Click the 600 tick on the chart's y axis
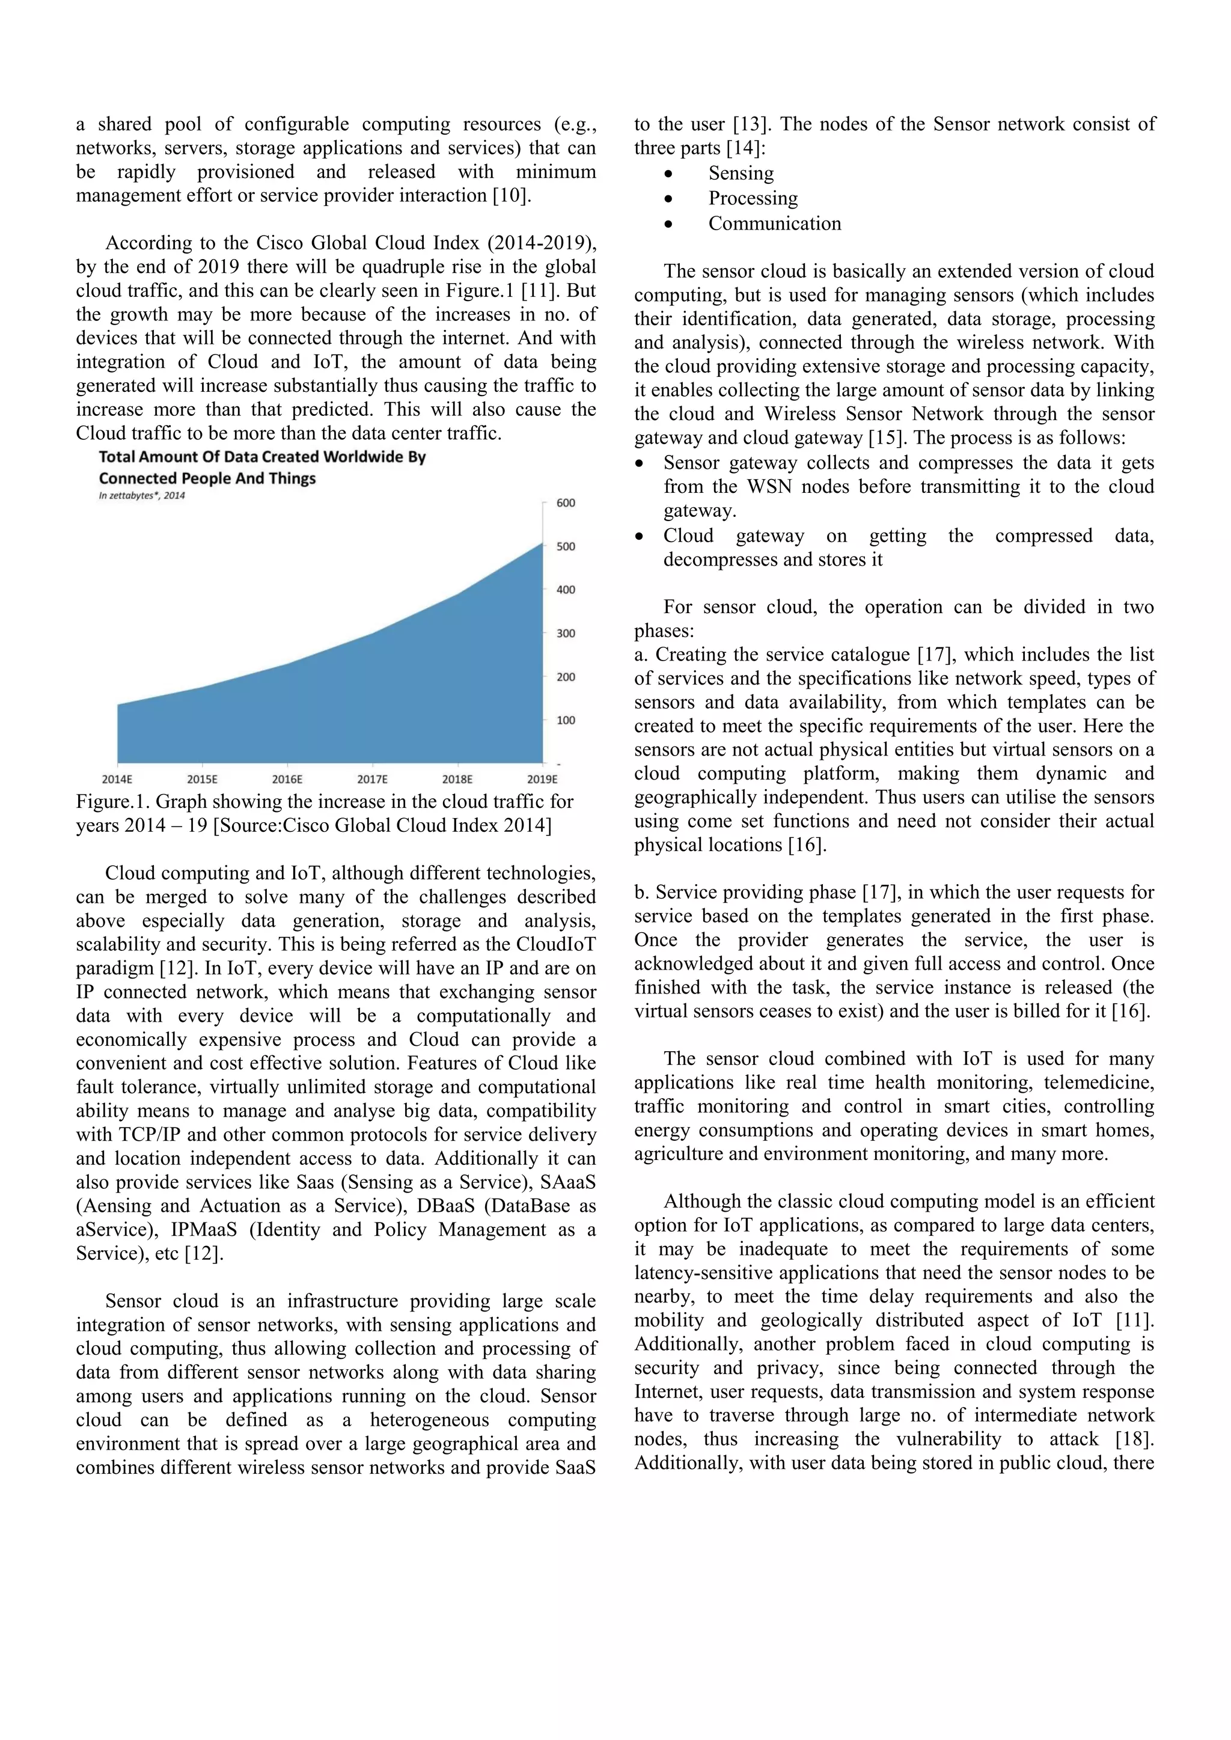566,503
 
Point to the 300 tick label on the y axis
566,633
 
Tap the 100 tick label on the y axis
566,721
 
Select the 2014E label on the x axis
117,779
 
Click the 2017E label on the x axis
372,779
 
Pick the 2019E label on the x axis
542,779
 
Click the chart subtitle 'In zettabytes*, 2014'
142,496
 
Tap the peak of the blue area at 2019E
541,543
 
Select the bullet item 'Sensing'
741,174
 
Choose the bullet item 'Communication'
774,224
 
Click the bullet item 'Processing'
753,198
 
